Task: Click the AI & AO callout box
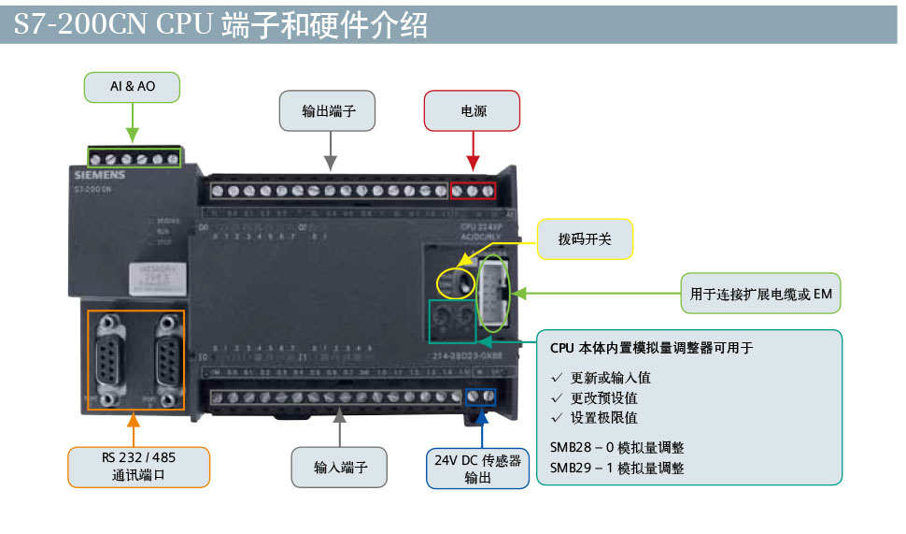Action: (132, 87)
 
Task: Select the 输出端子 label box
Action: (328, 110)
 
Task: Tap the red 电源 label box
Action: (473, 110)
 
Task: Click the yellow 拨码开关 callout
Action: (585, 239)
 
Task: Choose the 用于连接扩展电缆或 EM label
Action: (760, 294)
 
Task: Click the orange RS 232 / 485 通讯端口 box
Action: (138, 467)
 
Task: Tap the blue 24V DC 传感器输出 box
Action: (477, 469)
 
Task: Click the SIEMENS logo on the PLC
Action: (97, 175)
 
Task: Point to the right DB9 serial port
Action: (165, 358)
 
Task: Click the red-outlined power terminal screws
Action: (473, 191)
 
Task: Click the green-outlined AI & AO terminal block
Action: (134, 158)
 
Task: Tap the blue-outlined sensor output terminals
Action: (479, 397)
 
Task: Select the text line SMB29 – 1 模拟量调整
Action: (616, 468)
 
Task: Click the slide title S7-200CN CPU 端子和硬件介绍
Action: (220, 24)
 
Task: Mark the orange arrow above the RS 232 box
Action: (134, 429)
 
